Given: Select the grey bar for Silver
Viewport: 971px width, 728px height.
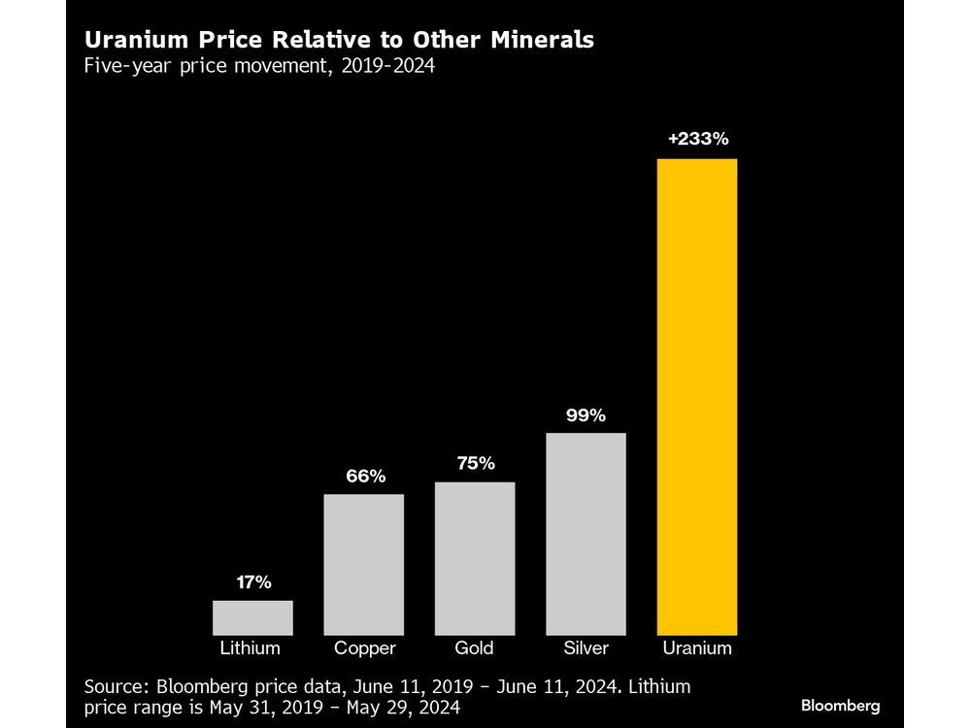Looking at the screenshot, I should coord(586,533).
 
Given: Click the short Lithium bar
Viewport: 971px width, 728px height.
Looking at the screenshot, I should coord(252,617).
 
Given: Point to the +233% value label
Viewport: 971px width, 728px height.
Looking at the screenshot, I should coord(697,139).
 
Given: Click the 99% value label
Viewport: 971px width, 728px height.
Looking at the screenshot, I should coord(586,415).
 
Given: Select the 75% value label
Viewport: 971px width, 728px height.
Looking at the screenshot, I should coord(475,464).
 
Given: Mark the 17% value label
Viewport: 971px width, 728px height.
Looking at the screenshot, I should coord(252,583).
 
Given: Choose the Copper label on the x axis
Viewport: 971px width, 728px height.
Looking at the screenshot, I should coord(363,648).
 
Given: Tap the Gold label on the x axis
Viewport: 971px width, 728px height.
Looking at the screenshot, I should coord(475,648).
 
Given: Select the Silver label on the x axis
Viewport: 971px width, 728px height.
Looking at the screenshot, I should coord(586,648).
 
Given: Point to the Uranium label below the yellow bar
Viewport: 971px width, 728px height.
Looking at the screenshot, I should coord(697,648).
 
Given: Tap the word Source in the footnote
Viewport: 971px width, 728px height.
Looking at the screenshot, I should coord(113,686).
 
